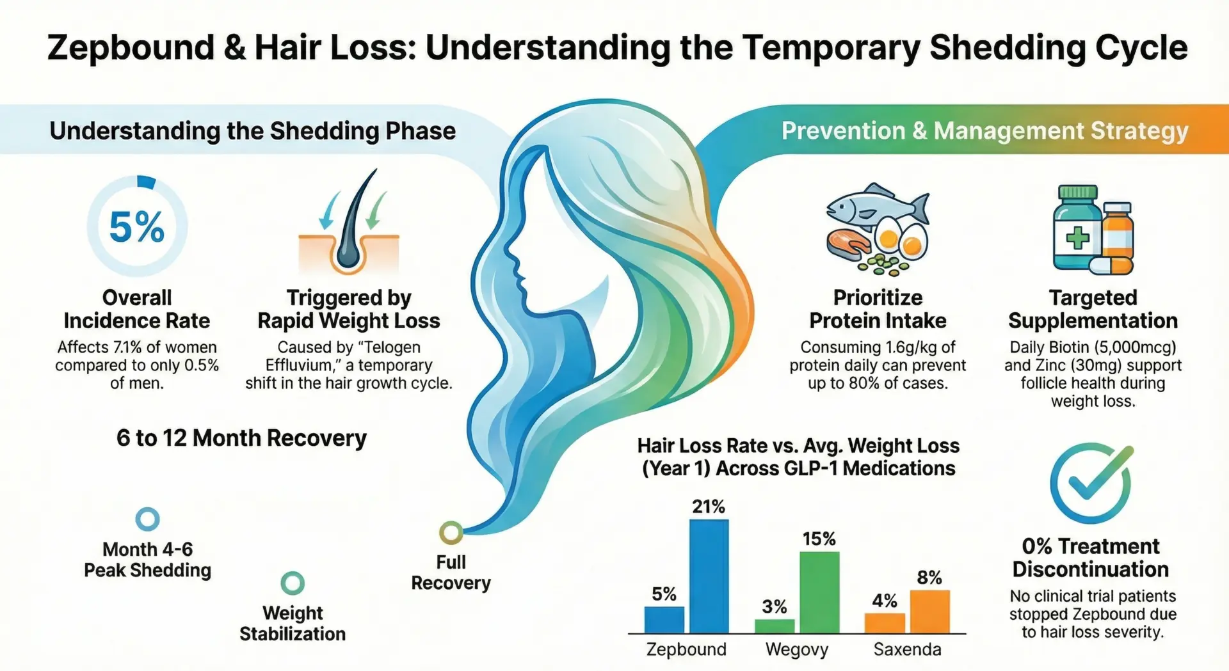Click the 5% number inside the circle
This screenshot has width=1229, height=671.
click(x=137, y=227)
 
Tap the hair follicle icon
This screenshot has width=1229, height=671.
click(x=349, y=224)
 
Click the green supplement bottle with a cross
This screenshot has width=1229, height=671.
click(x=1078, y=230)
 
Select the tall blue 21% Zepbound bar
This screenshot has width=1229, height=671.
click(x=709, y=576)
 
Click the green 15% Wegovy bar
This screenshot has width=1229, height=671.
click(x=819, y=592)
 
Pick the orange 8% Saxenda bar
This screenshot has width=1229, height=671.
click(x=929, y=611)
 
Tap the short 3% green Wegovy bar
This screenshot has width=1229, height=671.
click(x=775, y=626)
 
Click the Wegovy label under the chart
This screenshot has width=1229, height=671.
click(x=797, y=649)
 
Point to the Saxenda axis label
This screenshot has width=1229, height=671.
click(x=907, y=649)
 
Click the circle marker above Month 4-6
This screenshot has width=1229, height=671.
click(x=148, y=519)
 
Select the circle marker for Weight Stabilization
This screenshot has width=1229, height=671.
click(x=293, y=583)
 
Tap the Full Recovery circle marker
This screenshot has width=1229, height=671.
click(x=451, y=532)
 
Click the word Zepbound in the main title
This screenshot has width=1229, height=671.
click(x=131, y=48)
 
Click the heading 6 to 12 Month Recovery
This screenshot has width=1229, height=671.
click(x=241, y=438)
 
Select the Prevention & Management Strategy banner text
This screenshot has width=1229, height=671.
click(x=984, y=131)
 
